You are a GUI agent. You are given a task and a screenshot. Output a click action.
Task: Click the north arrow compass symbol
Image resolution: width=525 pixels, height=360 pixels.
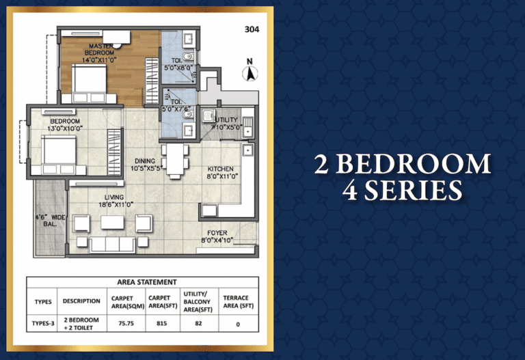click(x=250, y=70)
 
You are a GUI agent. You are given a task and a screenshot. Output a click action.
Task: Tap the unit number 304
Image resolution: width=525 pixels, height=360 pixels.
click(x=252, y=29)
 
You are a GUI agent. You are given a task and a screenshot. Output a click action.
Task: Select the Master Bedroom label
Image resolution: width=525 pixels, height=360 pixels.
click(x=100, y=49)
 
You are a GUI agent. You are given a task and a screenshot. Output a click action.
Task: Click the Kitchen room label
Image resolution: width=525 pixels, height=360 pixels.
click(x=220, y=169)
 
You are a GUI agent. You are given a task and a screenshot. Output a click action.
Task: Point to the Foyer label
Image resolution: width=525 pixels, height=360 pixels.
click(x=217, y=233)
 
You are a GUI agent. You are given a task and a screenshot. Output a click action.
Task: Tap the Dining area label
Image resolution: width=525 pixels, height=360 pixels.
click(x=145, y=161)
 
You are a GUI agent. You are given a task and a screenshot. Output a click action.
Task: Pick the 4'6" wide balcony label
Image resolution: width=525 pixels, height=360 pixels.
click(x=50, y=221)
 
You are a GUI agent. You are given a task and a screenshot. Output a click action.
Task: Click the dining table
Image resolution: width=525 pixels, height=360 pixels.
click(x=175, y=161)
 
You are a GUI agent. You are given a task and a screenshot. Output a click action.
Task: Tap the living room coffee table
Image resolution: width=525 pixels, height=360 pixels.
click(x=113, y=223)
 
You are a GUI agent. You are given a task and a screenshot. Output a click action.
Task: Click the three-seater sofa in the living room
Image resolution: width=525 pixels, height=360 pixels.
click(x=113, y=245)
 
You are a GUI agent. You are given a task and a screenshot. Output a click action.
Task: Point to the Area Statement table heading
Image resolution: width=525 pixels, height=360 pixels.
click(x=147, y=282)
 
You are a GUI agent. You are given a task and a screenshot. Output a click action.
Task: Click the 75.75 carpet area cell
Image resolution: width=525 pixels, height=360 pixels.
click(x=126, y=324)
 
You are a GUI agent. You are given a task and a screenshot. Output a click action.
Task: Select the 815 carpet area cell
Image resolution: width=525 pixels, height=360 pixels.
click(x=162, y=324)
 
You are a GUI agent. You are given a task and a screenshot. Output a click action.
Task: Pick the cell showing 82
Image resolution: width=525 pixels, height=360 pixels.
click(x=198, y=324)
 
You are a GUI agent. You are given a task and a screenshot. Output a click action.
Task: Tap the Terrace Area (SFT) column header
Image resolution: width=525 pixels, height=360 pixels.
click(x=239, y=302)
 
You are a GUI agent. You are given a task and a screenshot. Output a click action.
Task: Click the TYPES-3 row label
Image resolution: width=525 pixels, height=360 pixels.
click(x=43, y=324)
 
